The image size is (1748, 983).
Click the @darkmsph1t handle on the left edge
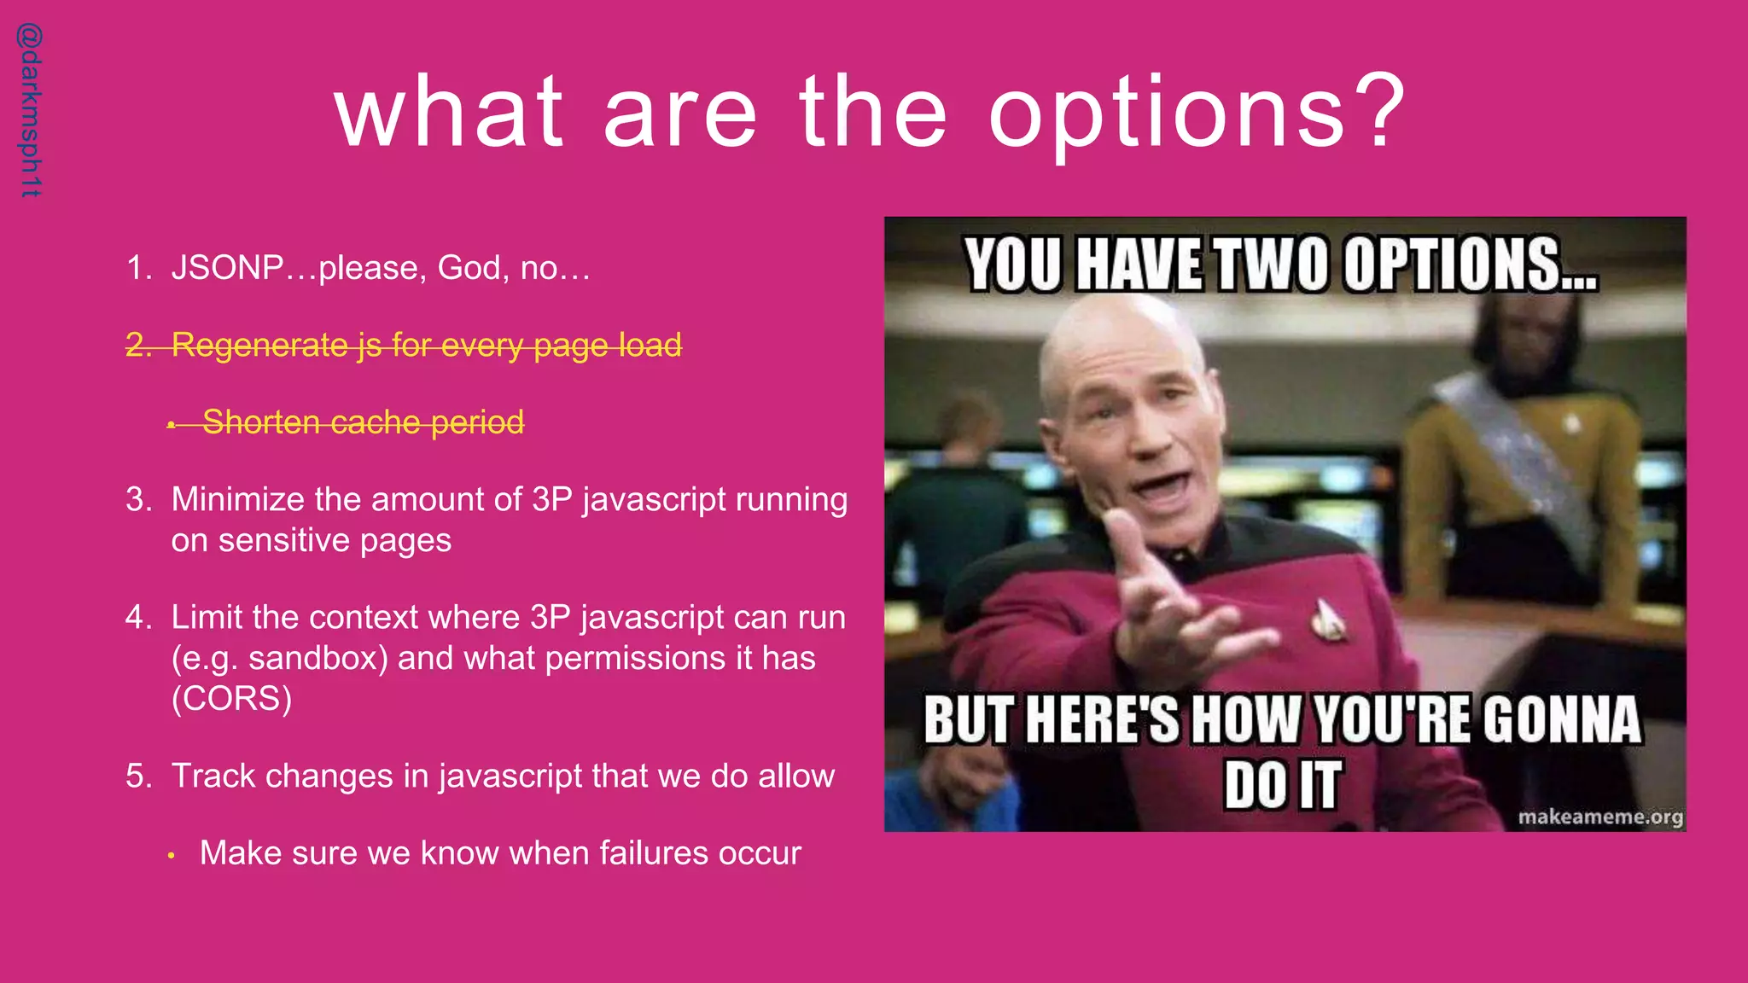[x=30, y=111]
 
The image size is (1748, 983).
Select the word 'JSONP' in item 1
[x=227, y=268]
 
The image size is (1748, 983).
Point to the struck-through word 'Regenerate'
[x=259, y=346]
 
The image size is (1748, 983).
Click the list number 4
[x=135, y=617]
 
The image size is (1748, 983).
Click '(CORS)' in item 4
[x=231, y=698]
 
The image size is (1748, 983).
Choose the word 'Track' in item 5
[x=213, y=776]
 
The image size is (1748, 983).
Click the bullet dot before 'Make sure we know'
[x=172, y=854]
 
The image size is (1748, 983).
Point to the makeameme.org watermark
[x=1599, y=817]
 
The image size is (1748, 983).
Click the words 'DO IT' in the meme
[x=1282, y=785]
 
